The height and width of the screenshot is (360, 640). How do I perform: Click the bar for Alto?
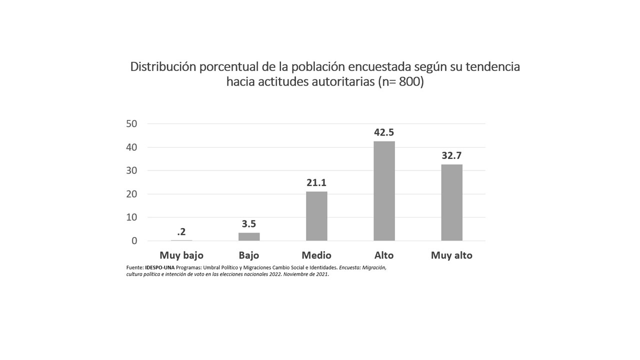point(384,190)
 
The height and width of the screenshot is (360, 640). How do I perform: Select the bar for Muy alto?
point(451,202)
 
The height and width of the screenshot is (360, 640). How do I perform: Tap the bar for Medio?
point(316,215)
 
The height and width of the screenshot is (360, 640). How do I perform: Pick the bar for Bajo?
point(249,236)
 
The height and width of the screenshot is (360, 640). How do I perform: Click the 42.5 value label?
point(384,132)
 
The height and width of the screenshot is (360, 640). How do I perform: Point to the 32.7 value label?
point(451,155)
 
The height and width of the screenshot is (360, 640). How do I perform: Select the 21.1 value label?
point(316,183)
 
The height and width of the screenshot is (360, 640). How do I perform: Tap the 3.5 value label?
point(249,224)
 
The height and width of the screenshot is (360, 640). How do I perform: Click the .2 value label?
point(181,232)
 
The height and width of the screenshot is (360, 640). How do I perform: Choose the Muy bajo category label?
point(181,255)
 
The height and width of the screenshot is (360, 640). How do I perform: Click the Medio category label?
point(316,255)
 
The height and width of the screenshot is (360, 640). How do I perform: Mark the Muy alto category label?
point(451,255)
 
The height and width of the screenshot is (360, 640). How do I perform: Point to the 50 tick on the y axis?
point(131,123)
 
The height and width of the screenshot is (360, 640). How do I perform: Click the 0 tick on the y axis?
point(134,241)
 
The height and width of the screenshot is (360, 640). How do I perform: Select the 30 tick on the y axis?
point(131,170)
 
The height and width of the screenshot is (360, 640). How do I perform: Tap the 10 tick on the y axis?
point(131,217)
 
